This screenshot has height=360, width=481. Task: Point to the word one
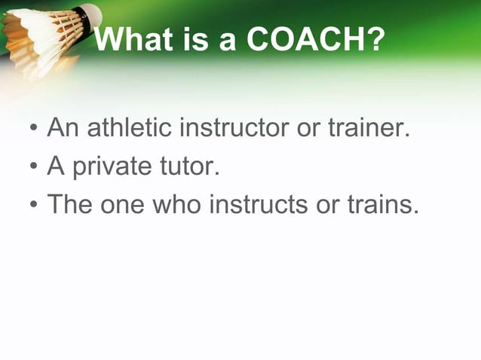[x=125, y=203]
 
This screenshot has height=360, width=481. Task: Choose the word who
[x=179, y=203]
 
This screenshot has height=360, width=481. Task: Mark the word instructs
[x=259, y=203]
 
